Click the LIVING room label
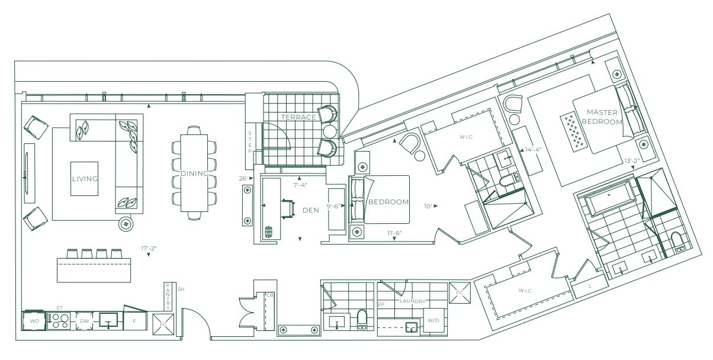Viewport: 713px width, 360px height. click(x=85, y=179)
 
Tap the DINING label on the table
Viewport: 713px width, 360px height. click(x=194, y=173)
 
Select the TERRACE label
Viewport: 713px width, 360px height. click(x=298, y=117)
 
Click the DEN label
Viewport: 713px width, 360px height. click(x=311, y=210)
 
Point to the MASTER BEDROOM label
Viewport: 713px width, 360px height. click(x=602, y=117)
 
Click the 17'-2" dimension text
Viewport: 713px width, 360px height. click(x=149, y=248)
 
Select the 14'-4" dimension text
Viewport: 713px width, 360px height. click(x=533, y=149)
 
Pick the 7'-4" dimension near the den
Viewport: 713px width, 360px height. click(x=300, y=185)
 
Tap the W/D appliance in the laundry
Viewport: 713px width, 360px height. click(x=433, y=320)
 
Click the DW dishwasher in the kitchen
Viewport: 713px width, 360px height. click(x=84, y=321)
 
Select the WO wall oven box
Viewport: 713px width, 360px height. click(x=34, y=321)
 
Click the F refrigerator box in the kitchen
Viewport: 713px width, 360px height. click(x=134, y=321)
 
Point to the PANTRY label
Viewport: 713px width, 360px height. click(x=168, y=297)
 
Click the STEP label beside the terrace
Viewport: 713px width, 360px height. click(x=250, y=142)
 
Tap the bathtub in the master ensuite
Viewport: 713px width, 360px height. click(x=608, y=201)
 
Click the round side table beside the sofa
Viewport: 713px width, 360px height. click(x=126, y=224)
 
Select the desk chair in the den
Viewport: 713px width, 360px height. click(x=287, y=209)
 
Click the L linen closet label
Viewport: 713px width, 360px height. click(x=590, y=286)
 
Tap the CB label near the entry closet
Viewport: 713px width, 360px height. click(x=269, y=295)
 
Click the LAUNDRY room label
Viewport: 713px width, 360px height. click(x=413, y=301)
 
